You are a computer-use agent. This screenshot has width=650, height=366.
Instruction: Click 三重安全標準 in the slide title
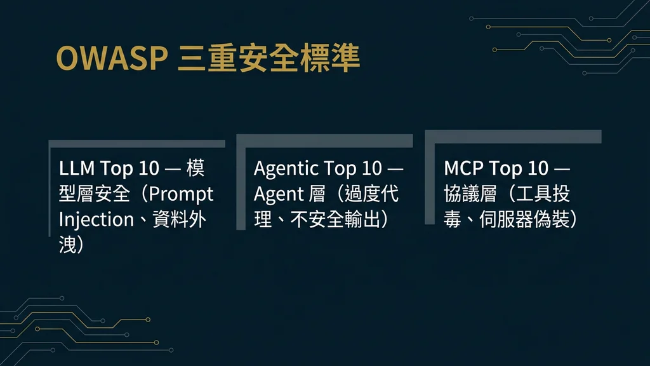point(270,58)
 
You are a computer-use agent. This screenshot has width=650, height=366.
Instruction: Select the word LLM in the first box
point(77,169)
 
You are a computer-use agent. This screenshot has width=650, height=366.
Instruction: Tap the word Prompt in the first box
point(182,194)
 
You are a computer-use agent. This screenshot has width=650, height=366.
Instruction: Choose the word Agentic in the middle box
point(286,169)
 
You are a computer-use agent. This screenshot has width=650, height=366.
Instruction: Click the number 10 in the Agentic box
point(372,169)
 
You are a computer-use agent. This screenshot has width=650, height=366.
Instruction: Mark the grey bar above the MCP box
point(513,137)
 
